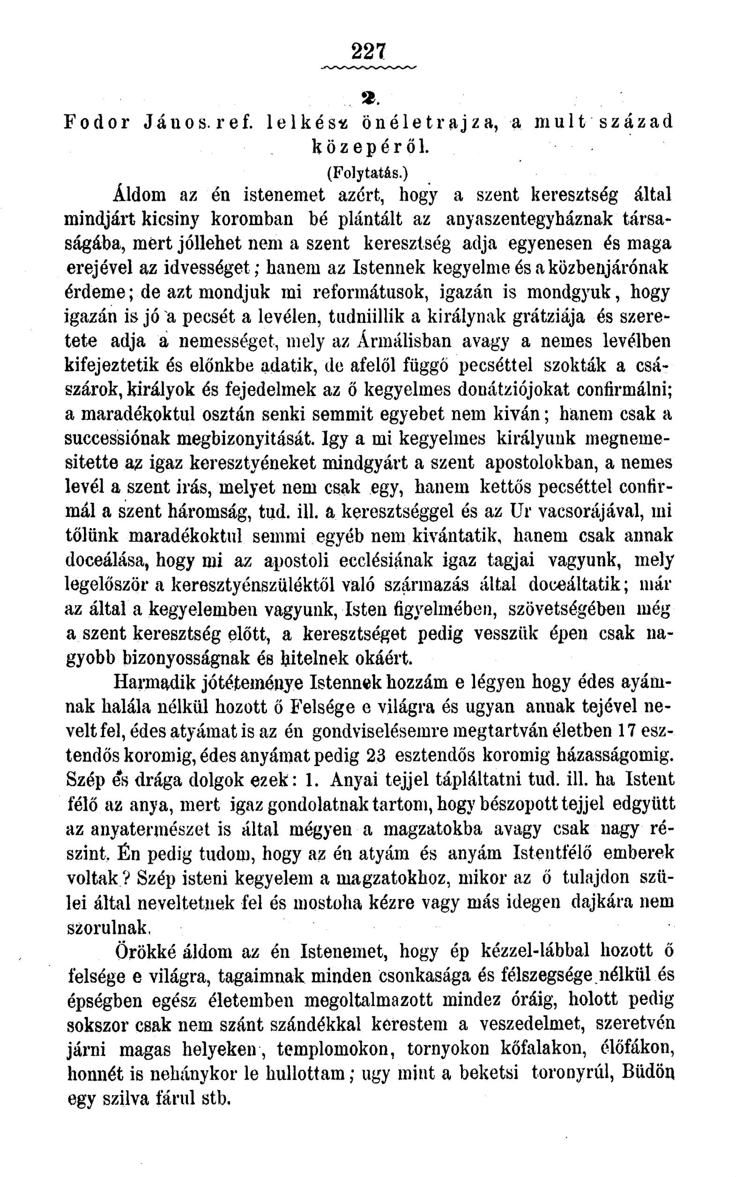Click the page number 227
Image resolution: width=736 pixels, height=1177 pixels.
368,51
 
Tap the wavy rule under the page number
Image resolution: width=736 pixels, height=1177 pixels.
369,66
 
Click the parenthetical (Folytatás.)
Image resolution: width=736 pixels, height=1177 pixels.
369,173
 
